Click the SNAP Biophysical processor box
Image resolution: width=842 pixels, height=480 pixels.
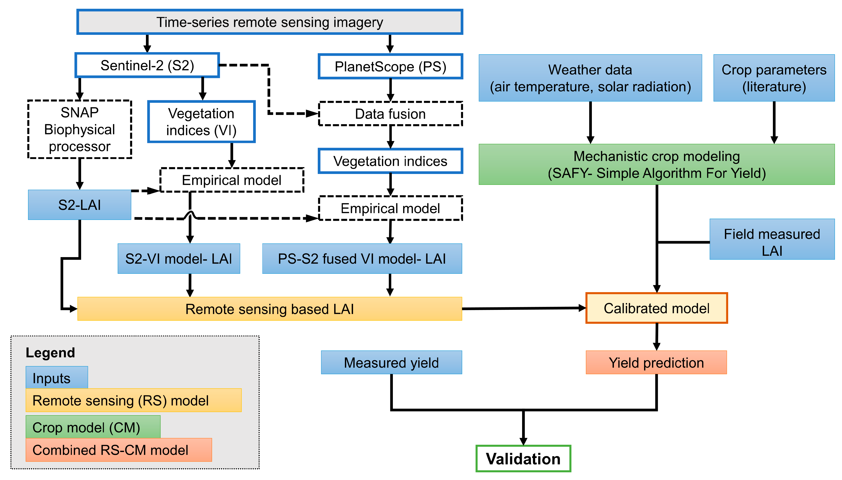[80, 129]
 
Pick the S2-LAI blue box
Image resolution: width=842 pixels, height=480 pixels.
[80, 205]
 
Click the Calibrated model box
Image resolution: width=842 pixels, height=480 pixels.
[656, 308]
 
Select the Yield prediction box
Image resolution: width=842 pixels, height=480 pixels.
[656, 362]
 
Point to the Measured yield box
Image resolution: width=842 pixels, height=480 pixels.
[391, 362]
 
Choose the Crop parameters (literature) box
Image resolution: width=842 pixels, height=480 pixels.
[774, 78]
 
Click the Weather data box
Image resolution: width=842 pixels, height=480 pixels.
[590, 78]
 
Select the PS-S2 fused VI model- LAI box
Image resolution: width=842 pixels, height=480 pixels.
[362, 258]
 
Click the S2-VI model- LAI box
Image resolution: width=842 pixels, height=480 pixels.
[179, 258]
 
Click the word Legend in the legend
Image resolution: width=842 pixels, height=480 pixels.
[50, 352]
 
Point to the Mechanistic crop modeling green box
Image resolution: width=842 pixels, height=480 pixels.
[656, 164]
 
